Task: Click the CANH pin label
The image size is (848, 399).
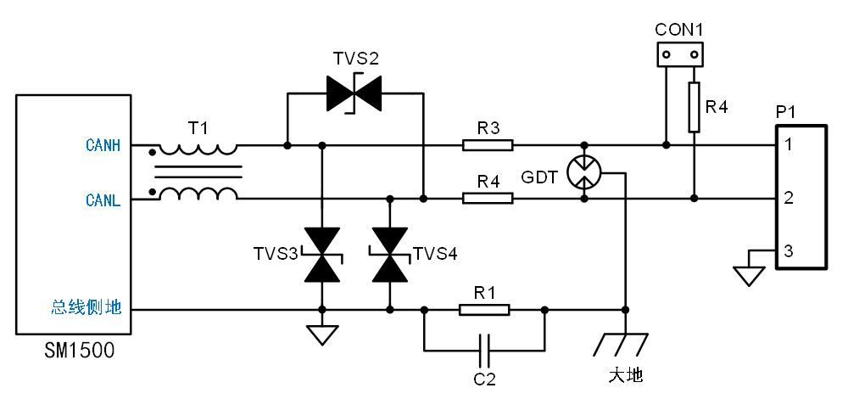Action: [x=103, y=145]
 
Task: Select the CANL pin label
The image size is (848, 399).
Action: [x=103, y=200]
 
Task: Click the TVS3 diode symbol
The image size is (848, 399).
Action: [x=321, y=255]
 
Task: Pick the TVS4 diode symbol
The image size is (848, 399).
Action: [x=389, y=255]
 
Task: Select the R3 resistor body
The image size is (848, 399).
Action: [x=488, y=145]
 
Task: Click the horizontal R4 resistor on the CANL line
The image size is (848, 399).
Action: [x=488, y=198]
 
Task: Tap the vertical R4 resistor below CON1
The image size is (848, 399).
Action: [x=694, y=107]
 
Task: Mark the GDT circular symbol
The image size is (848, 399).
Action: [x=583, y=171]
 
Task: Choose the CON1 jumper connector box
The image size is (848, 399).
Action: [x=680, y=55]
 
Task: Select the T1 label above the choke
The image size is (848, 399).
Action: [x=198, y=127]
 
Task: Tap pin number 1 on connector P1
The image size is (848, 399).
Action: [x=789, y=145]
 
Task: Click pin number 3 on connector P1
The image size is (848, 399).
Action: [x=789, y=251]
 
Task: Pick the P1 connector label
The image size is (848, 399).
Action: [x=786, y=112]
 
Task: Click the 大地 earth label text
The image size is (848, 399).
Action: [x=625, y=374]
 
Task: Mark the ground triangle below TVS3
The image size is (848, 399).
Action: [x=321, y=335]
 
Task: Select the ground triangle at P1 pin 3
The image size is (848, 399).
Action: [x=747, y=277]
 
